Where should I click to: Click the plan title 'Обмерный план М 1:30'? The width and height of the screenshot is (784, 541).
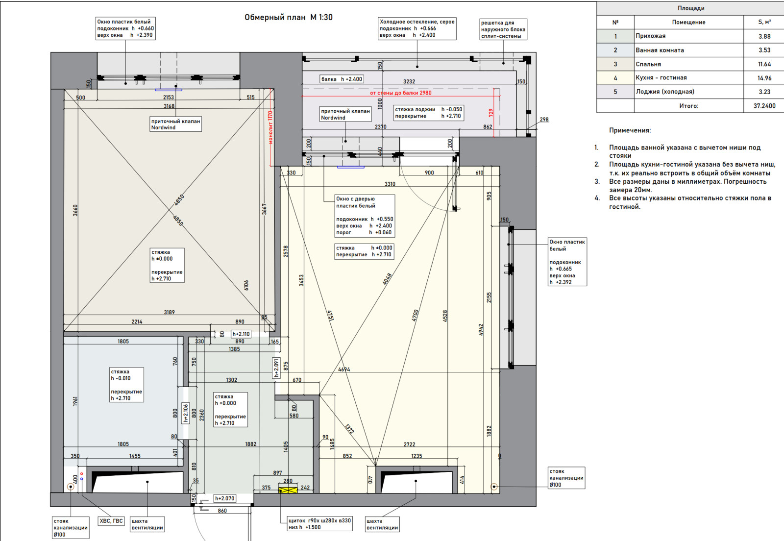point(289,17)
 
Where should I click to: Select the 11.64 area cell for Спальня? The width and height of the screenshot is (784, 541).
point(764,64)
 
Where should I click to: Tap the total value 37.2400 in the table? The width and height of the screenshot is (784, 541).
point(764,106)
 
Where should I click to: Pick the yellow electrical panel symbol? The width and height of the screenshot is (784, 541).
point(288,490)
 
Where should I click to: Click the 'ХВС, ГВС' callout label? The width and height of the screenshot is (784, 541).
point(111,521)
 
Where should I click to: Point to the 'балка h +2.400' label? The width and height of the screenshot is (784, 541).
point(342,79)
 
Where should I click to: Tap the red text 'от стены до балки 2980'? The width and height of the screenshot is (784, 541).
point(401,93)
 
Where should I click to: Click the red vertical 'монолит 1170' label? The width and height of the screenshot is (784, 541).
point(270,127)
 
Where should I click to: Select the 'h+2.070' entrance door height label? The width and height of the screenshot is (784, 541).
point(225,498)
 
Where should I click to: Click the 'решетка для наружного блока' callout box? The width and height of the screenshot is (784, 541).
point(503,29)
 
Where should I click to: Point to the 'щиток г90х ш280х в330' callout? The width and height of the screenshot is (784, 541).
point(319,524)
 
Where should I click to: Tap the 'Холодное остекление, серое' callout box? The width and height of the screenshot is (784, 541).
point(417,28)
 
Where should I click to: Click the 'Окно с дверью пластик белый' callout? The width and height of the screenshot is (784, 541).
point(365,216)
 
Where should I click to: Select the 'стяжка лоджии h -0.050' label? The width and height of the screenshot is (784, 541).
point(429,113)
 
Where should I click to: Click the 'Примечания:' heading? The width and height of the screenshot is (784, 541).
point(630,130)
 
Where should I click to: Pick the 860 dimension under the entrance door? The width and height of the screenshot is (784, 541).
point(222,511)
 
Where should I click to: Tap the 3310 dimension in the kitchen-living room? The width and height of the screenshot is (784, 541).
point(390,184)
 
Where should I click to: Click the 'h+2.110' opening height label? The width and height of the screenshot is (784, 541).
point(241,334)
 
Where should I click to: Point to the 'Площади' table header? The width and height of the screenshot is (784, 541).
point(691,8)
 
